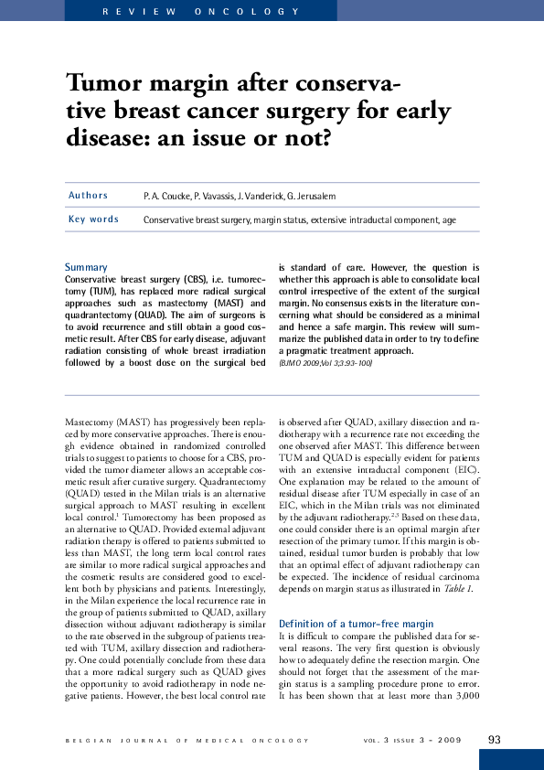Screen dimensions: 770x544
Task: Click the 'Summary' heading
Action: tap(86, 266)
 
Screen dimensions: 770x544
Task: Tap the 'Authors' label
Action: tap(88, 196)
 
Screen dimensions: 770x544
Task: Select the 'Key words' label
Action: tap(93, 219)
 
